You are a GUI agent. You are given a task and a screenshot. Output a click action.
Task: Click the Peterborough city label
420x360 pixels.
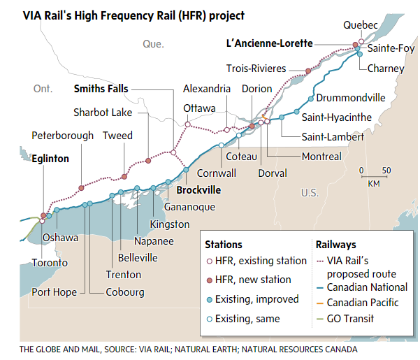pyautogui.click(x=62, y=136)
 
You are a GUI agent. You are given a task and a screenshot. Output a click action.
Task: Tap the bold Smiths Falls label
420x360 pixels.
pyautogui.click(x=101, y=89)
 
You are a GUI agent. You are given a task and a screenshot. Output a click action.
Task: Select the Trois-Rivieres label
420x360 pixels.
pyautogui.click(x=256, y=69)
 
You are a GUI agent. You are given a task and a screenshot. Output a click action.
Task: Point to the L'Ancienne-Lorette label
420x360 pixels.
pyautogui.click(x=269, y=43)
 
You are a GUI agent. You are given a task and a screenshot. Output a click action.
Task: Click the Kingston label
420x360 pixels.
pyautogui.click(x=170, y=224)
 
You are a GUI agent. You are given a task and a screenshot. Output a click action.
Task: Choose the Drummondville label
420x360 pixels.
pyautogui.click(x=351, y=96)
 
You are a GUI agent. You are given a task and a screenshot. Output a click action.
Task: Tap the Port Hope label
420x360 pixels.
pyautogui.click(x=55, y=292)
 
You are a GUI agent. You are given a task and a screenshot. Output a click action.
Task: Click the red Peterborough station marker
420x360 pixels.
pyautogui.click(x=81, y=188)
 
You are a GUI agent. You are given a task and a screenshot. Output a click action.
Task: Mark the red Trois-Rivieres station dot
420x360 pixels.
pyautogui.click(x=307, y=71)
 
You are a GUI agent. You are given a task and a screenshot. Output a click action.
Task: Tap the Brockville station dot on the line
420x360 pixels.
pyautogui.click(x=186, y=170)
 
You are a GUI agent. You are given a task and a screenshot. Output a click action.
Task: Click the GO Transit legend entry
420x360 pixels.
pyautogui.click(x=350, y=319)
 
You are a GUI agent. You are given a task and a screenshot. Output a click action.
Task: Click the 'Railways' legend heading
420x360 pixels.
pyautogui.click(x=336, y=245)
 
